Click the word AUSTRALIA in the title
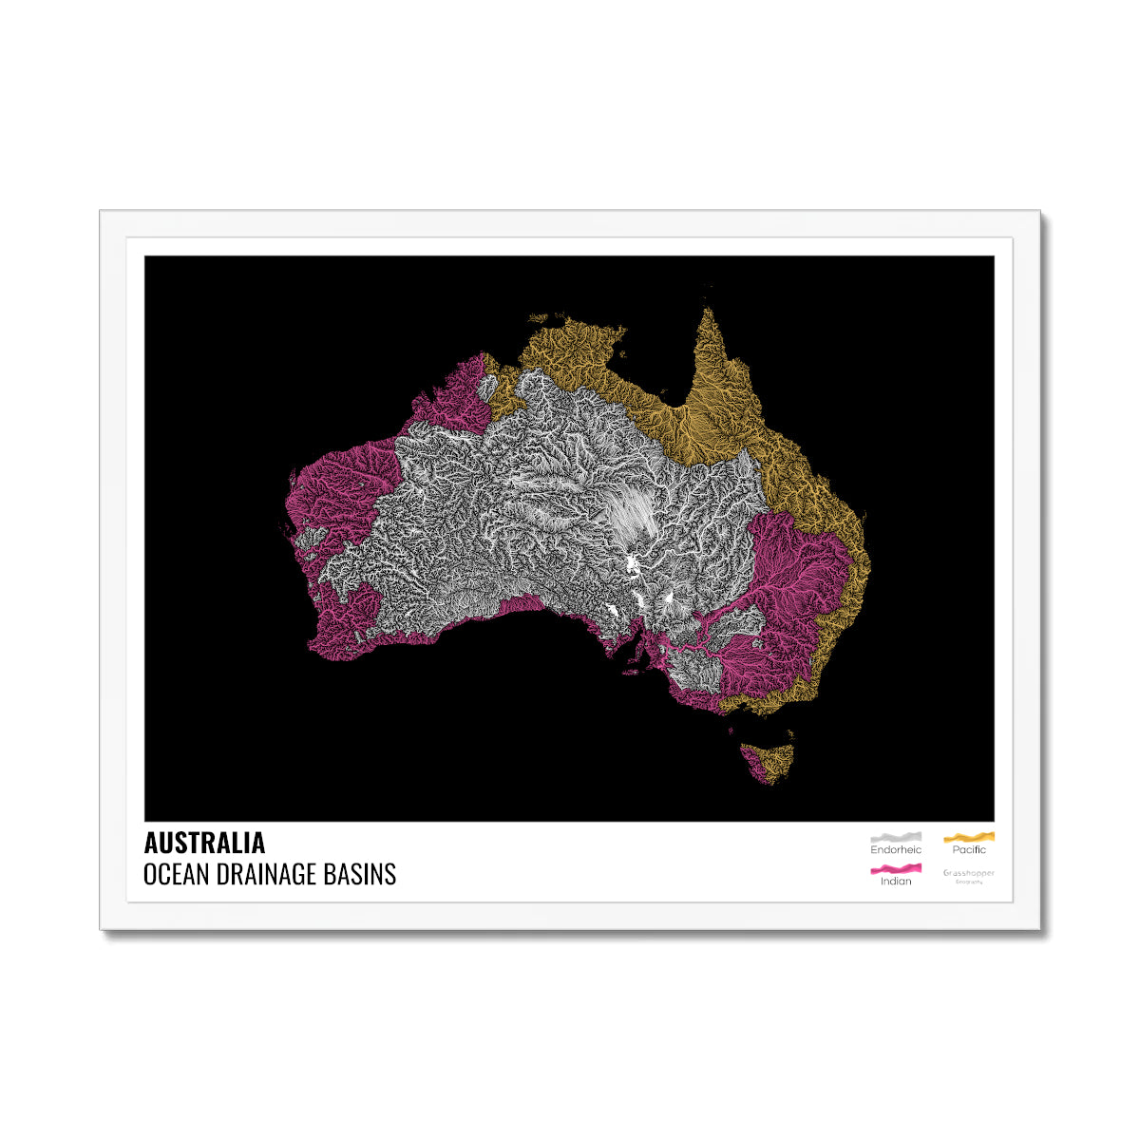tap(204, 843)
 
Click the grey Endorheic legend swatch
tap(895, 837)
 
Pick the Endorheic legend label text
tap(895, 849)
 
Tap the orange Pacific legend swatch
tap(969, 837)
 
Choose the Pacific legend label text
tap(969, 849)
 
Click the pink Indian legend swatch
tap(895, 868)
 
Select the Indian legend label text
tap(895, 881)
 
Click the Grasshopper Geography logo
tap(969, 875)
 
